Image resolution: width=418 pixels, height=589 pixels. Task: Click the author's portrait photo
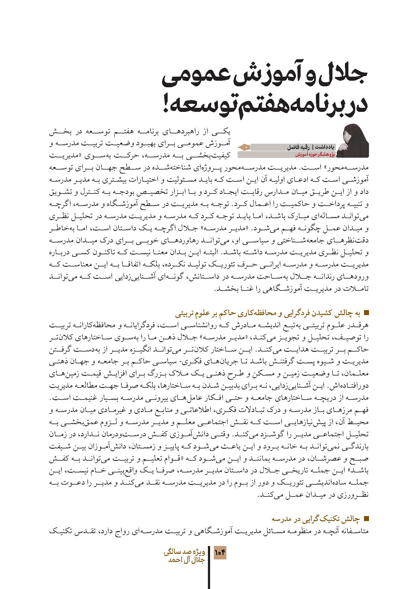[x=356, y=141]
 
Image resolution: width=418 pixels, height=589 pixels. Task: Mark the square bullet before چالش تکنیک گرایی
[x=366, y=519]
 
